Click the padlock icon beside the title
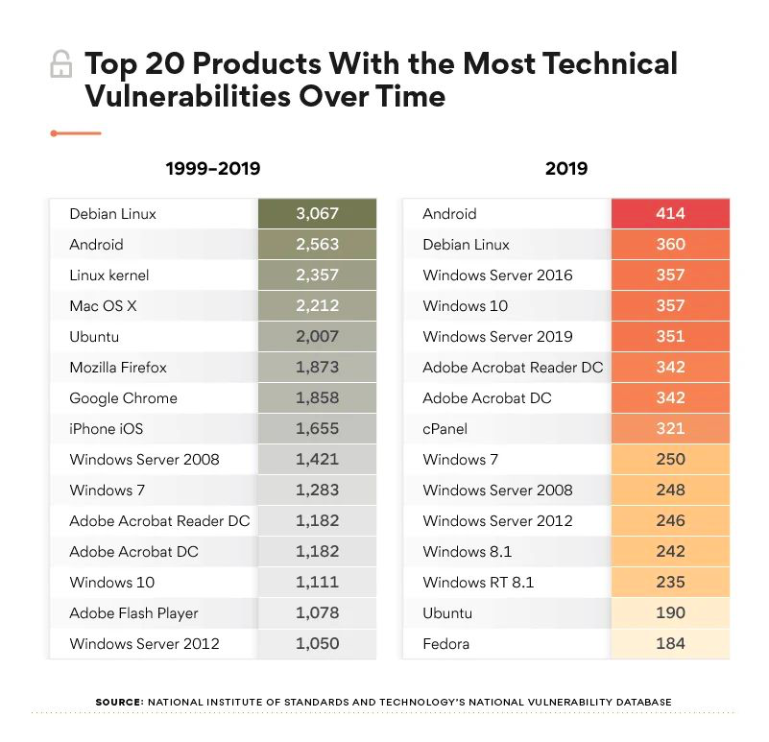click(x=60, y=64)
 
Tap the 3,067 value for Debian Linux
click(x=317, y=214)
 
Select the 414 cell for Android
click(x=670, y=214)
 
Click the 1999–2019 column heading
click(x=212, y=169)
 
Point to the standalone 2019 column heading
click(x=565, y=169)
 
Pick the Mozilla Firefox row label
click(x=118, y=368)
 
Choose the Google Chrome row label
click(x=123, y=398)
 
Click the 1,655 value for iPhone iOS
click(x=317, y=429)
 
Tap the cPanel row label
click(x=445, y=429)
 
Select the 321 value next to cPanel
click(x=670, y=429)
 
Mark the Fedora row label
click(x=445, y=644)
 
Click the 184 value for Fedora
click(x=670, y=644)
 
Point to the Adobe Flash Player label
click(x=133, y=613)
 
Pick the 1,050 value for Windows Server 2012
click(x=317, y=644)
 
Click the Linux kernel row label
click(x=109, y=275)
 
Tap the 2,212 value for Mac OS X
click(x=317, y=306)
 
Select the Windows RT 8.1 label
click(x=478, y=583)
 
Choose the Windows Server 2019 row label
click(x=497, y=337)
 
